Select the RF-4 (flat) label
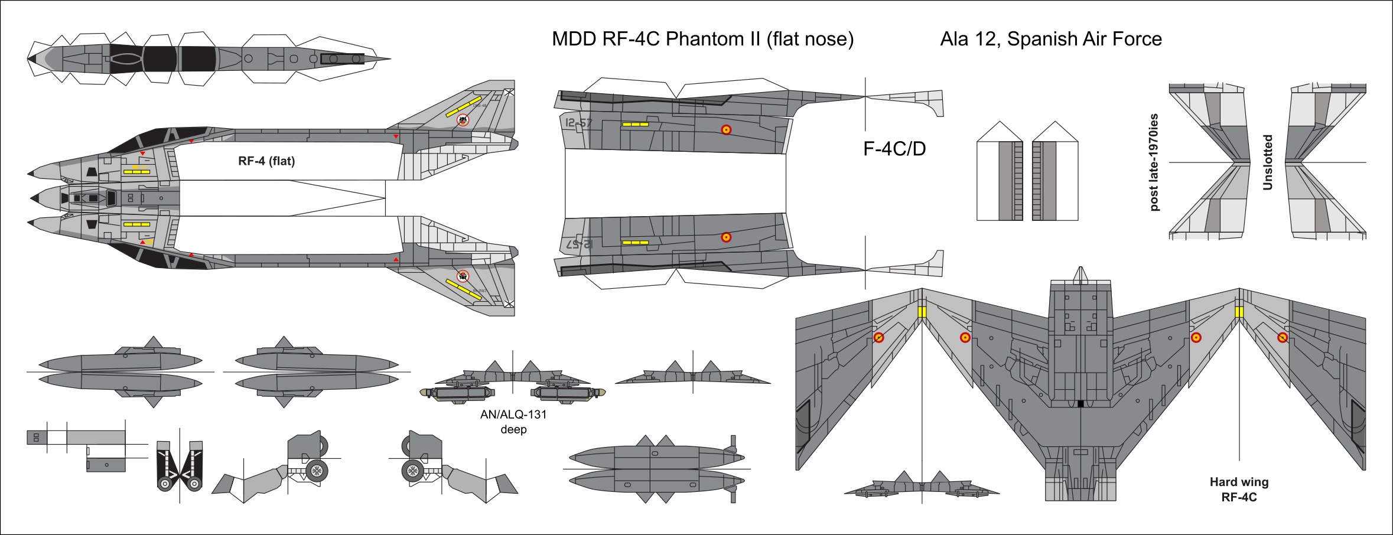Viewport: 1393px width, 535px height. coord(266,161)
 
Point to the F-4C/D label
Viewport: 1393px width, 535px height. coord(894,149)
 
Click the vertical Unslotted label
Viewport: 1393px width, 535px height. coord(1267,162)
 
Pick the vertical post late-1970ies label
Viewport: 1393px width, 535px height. coord(1154,162)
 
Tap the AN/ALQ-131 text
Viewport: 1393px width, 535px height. coord(513,415)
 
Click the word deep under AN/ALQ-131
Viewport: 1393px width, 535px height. coord(513,429)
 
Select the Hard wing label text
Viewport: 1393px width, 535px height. coord(1239,482)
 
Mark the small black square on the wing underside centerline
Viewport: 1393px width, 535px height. coord(1080,404)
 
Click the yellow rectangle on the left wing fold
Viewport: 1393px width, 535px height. coord(922,312)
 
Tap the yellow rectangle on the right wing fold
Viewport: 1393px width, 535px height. coord(1239,312)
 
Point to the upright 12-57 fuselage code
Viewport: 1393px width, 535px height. coord(578,123)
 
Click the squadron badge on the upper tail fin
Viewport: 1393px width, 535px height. coord(463,120)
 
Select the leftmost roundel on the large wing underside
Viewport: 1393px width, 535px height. coord(878,338)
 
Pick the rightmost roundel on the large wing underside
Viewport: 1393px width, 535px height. coord(1283,338)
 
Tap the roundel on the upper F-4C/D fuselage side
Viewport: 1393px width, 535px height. coord(726,130)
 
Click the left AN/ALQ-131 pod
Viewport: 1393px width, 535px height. coord(457,393)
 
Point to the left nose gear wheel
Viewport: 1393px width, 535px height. coord(165,484)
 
